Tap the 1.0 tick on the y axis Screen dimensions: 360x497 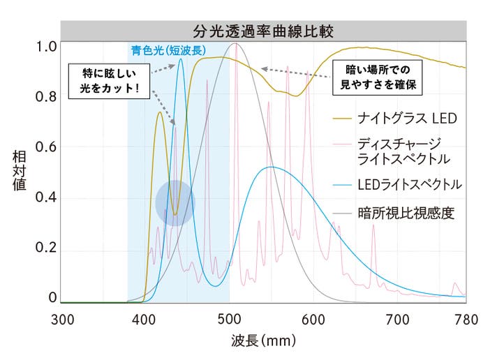pos(46,47)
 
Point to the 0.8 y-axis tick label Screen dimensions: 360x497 pos(46,97)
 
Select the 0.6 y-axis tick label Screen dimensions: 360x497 pos(46,148)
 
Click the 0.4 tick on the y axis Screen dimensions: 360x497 pos(46,199)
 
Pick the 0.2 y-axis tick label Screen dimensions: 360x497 pos(46,249)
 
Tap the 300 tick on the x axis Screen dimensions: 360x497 pos(63,319)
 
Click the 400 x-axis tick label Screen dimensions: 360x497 pos(144,319)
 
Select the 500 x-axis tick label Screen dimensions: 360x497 pos(228,319)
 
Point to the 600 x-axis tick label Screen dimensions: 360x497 pos(312,319)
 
